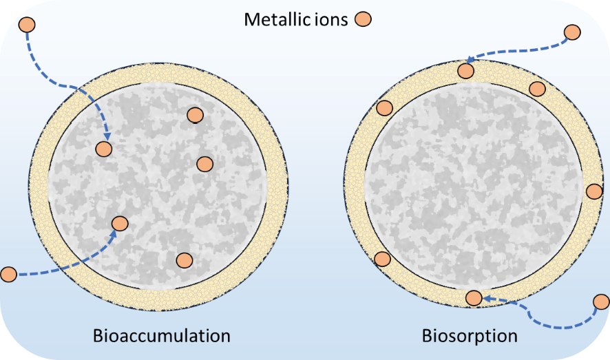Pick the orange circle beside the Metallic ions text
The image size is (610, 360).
point(363,19)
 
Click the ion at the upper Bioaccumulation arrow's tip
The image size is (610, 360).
point(103,148)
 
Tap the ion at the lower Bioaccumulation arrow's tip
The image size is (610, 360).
point(119,223)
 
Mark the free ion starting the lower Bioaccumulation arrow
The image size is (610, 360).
point(8,274)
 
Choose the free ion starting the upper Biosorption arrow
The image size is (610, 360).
point(572,32)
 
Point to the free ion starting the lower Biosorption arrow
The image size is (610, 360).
point(601,301)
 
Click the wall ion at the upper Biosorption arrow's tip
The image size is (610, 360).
point(466,70)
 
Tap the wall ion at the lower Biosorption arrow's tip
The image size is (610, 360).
point(474,297)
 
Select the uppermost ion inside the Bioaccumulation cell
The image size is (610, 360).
point(195,116)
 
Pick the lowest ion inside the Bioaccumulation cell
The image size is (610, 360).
point(184,260)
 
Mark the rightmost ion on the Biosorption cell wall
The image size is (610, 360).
point(593,191)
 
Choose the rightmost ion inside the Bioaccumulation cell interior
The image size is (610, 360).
point(204,163)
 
